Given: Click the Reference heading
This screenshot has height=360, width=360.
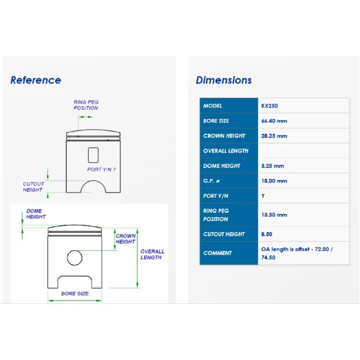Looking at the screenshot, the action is (x=36, y=80).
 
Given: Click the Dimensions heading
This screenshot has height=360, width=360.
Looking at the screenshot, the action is (x=223, y=80).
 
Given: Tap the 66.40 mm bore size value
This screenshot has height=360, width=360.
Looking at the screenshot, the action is (x=274, y=121).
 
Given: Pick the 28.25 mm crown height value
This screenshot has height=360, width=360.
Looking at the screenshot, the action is (x=274, y=136).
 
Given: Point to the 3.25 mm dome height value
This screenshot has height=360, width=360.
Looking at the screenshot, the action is (x=273, y=166).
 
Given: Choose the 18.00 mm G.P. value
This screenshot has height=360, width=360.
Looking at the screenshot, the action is (x=274, y=181).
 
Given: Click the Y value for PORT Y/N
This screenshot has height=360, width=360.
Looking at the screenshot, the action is (x=263, y=196).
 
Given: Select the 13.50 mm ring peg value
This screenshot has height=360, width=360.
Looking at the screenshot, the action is (x=274, y=215).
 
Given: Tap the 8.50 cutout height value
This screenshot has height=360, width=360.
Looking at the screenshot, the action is (x=267, y=234).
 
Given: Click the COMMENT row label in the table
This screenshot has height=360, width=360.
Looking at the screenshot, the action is (x=217, y=253).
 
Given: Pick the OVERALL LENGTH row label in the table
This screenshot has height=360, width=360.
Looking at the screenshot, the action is (x=226, y=151).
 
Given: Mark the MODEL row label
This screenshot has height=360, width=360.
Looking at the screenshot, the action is (x=213, y=106).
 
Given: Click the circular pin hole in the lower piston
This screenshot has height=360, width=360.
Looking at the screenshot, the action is (x=75, y=250).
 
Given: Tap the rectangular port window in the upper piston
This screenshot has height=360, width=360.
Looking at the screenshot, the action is (x=89, y=155).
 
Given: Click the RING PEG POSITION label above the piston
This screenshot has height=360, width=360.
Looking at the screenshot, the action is (x=86, y=105).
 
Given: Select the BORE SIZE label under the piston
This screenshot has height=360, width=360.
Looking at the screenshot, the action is (x=75, y=294).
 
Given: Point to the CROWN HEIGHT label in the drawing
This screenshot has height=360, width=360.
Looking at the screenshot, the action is (x=126, y=239).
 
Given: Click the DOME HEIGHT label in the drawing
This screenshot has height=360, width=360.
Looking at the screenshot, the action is (x=36, y=214).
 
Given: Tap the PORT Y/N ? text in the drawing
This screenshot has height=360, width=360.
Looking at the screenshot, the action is (x=102, y=170).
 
